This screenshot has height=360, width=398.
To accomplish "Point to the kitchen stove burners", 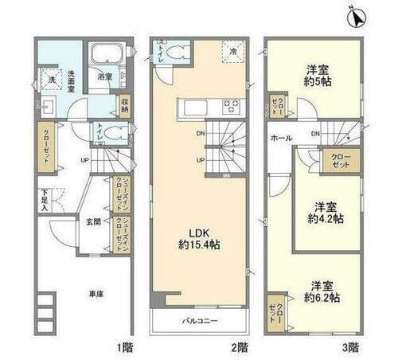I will click(x=232, y=106).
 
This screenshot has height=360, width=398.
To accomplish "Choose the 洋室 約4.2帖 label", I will click(x=326, y=209).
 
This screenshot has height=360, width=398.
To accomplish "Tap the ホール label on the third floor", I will click(x=279, y=138).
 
